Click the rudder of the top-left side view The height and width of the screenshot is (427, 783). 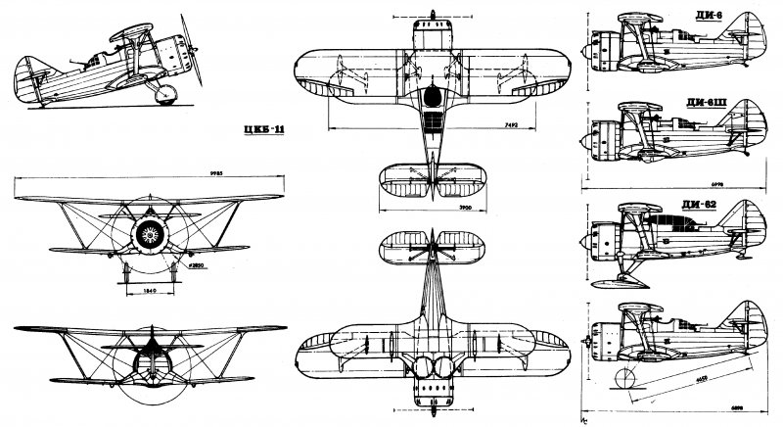coord(25,74)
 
